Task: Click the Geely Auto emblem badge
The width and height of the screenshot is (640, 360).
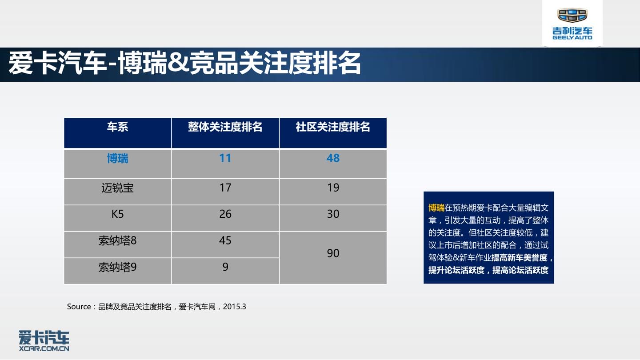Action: click(572, 15)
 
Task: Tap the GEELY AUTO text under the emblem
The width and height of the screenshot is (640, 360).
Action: click(572, 37)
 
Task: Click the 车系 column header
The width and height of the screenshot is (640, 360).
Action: click(117, 127)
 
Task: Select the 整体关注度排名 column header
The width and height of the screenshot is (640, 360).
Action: click(225, 127)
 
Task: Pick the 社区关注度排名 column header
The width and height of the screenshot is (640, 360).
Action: click(333, 127)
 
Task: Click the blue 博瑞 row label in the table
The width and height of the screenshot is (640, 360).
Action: click(117, 158)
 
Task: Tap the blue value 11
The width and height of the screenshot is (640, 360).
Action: click(225, 158)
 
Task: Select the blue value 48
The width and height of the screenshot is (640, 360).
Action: click(333, 158)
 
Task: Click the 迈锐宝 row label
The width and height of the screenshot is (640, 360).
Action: click(117, 188)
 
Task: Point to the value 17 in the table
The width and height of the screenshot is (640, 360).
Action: click(225, 188)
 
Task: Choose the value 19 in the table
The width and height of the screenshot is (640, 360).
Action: click(333, 188)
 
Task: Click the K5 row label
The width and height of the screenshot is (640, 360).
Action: click(117, 214)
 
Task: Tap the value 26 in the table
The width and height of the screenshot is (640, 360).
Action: click(225, 214)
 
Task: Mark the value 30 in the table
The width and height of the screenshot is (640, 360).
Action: click(333, 214)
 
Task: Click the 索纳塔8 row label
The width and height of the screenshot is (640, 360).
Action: click(117, 240)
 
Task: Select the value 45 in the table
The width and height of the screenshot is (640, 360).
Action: click(225, 240)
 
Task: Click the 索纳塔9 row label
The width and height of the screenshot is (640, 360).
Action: click(117, 267)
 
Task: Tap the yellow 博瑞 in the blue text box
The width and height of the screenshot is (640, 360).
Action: click(436, 208)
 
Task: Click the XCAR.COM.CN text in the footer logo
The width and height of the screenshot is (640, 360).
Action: click(44, 348)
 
